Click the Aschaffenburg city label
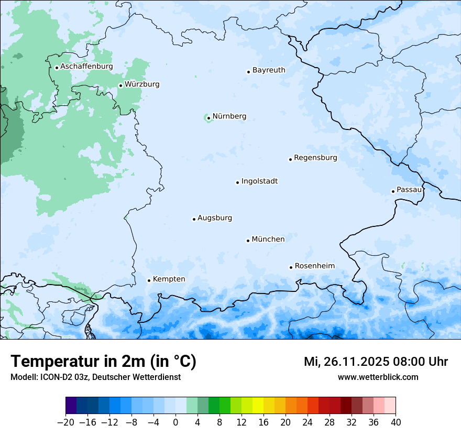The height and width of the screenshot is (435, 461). point(86,67)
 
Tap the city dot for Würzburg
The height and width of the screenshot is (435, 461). point(120,85)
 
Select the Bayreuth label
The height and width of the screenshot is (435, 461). point(269,70)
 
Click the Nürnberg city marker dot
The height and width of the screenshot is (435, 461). point(208,118)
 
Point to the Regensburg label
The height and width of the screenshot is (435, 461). point(315,158)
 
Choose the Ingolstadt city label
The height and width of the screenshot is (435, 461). point(259,181)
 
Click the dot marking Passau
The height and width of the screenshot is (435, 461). point(393,191)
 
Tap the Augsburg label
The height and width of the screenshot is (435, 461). point(215,218)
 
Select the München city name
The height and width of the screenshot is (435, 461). point(268,240)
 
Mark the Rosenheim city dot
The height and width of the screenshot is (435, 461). point(291,267)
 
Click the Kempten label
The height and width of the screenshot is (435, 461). point(169,279)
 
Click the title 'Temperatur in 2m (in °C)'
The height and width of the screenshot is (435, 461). point(103,362)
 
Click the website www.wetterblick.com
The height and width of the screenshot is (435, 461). point(378,377)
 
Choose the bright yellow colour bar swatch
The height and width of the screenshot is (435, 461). point(258,406)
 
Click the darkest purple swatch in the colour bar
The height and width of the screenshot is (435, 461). point(71,406)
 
